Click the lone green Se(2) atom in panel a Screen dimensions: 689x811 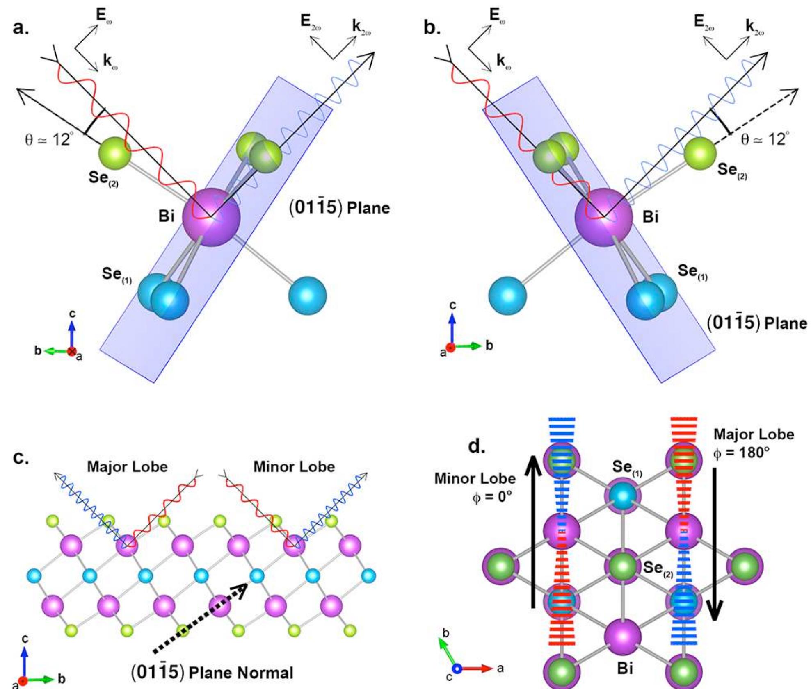pos(115,153)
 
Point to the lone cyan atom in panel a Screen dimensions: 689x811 pos(307,296)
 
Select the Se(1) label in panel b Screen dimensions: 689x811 pos(692,271)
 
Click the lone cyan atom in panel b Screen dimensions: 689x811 pos(507,296)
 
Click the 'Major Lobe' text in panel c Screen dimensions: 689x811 pos(127,466)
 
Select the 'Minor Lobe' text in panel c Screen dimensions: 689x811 pos(294,466)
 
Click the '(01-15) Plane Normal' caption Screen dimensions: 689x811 pos(212,672)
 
